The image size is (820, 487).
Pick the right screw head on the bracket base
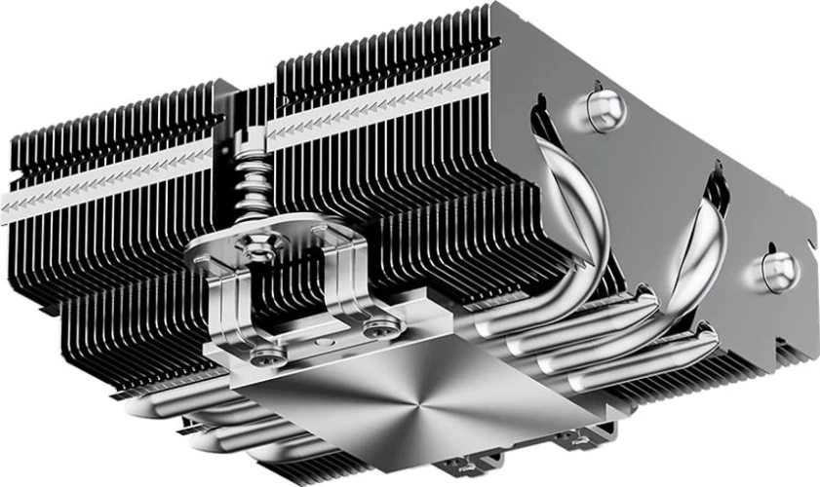click(374, 332)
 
